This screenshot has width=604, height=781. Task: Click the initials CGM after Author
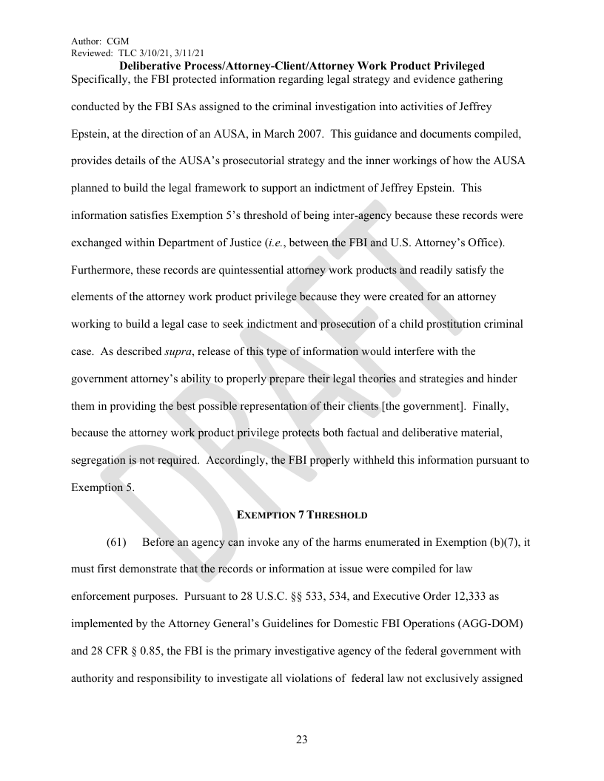pos(118,42)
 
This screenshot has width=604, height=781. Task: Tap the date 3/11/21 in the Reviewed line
pos(189,53)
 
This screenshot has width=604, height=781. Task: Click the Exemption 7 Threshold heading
pos(301,514)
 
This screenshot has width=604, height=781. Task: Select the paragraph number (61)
pos(116,543)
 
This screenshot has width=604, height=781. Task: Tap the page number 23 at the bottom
pos(301,740)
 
